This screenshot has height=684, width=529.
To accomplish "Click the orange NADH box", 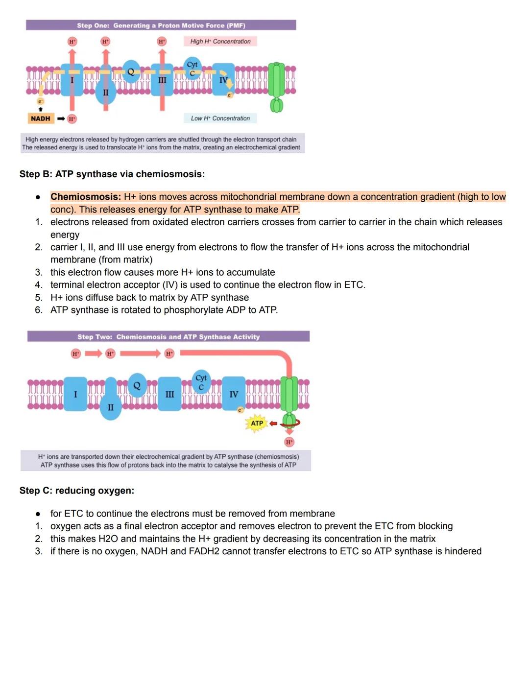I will pos(40,118).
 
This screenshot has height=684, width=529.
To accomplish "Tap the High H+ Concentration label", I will pos(220,42).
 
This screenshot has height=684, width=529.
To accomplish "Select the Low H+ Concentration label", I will pos(220,118).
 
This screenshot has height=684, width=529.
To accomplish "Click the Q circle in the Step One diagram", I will pos(131,71).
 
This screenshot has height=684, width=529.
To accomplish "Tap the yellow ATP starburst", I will pos(257,423).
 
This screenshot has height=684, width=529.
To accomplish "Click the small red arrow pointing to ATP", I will pos(273,423).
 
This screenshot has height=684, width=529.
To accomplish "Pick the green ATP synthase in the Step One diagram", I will pos(277,86).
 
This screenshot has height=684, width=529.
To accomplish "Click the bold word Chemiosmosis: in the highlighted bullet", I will pos(85,197).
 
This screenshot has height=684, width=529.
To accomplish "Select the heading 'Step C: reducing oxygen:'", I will pos(77,491).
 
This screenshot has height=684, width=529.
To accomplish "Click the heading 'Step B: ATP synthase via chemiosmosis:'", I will pos(112,174).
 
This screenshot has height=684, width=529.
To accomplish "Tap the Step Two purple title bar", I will pos(168,337).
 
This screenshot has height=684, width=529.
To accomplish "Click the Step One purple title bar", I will pos(161,25).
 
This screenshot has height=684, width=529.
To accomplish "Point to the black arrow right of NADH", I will pos(61,118).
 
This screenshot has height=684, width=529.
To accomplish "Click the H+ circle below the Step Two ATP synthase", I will pos(289,442).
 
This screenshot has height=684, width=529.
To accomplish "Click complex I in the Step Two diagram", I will pos(75,394).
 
